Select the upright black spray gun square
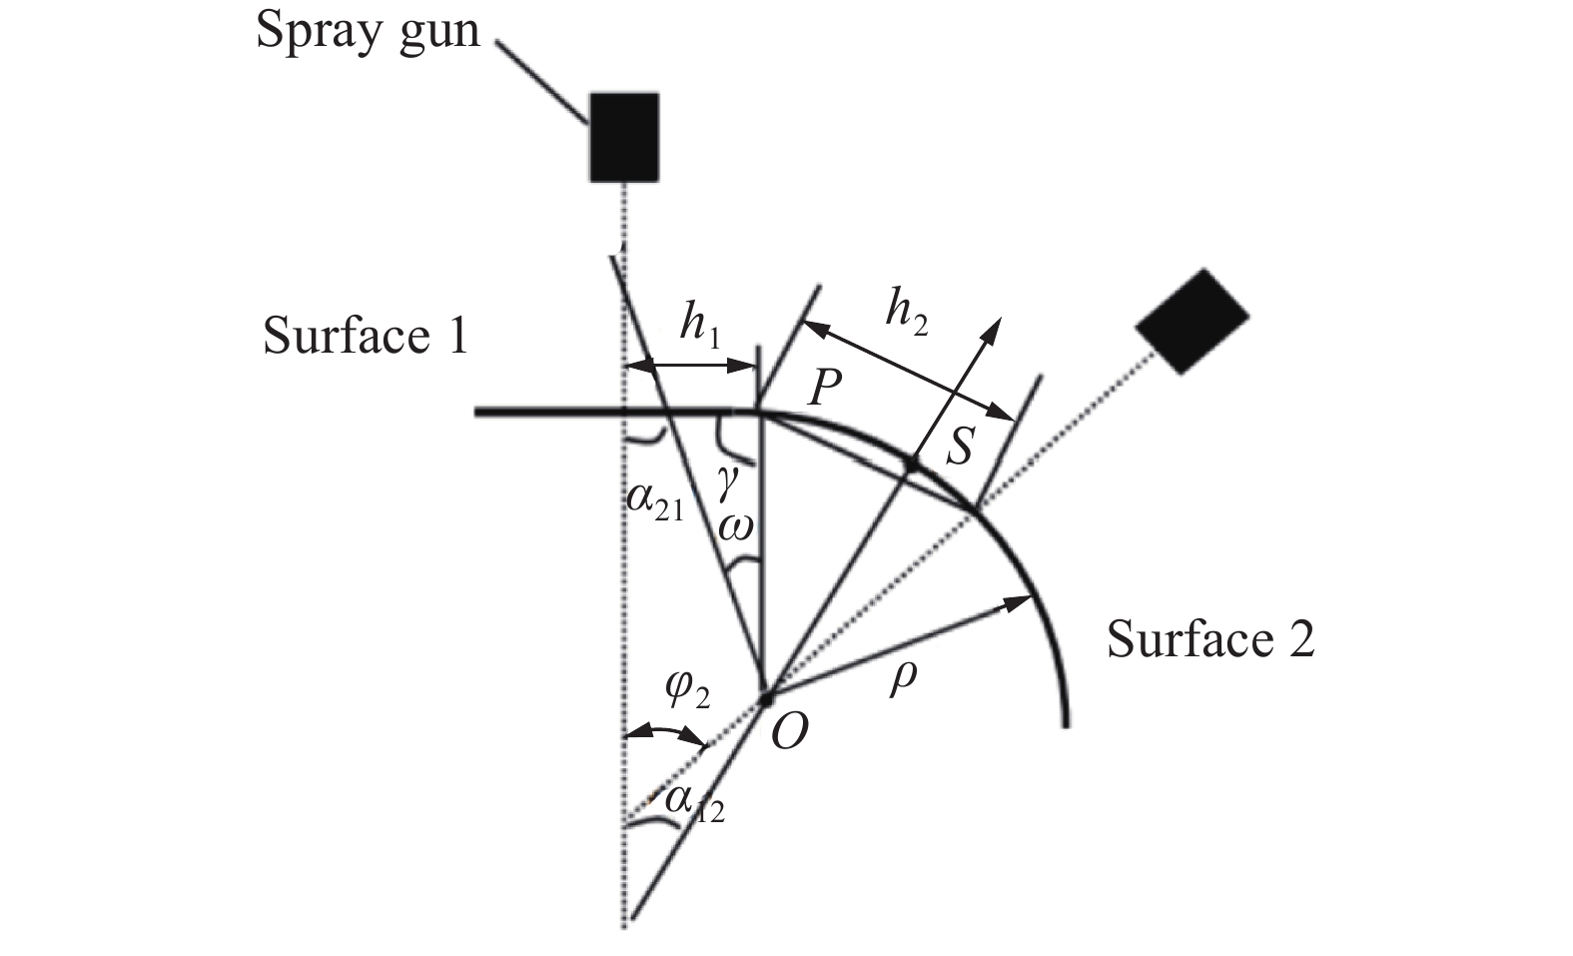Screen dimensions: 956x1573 tap(624, 137)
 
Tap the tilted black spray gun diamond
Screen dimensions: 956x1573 tap(1192, 321)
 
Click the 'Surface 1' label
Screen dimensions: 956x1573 tap(366, 337)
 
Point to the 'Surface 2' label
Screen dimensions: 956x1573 tap(1209, 639)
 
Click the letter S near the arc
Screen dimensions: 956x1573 tap(958, 449)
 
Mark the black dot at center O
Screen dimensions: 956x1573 tap(766, 696)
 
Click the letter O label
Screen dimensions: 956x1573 tap(788, 736)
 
